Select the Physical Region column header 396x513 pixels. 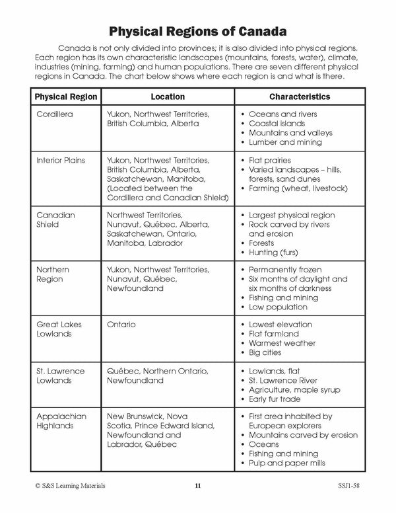click(x=66, y=97)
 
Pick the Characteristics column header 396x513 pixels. click(x=295, y=97)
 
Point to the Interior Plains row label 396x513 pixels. click(x=61, y=160)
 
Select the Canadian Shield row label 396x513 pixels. click(x=56, y=219)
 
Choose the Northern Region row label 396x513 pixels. click(x=53, y=274)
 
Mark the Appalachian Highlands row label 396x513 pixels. click(x=58, y=421)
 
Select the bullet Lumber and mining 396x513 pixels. click(x=285, y=142)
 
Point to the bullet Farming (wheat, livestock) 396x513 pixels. click(x=299, y=188)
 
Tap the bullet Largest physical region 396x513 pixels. click(x=292, y=216)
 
